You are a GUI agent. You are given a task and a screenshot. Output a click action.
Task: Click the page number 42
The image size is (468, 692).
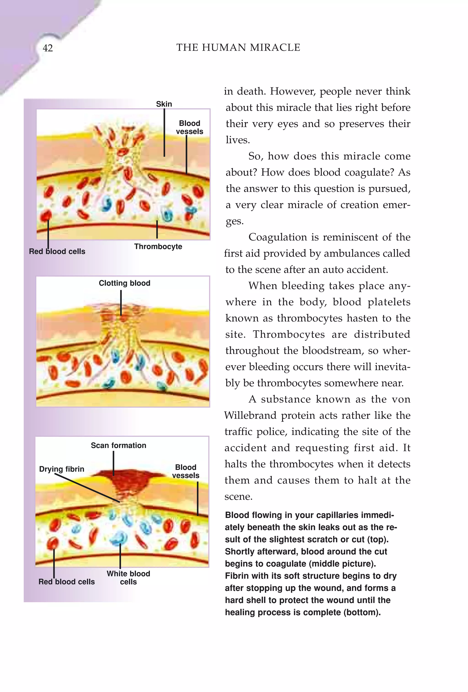tap(48, 48)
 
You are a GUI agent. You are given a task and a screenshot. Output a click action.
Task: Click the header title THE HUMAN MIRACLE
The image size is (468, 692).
tap(238, 48)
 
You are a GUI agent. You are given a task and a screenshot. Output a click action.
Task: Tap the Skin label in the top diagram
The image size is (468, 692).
tap(164, 104)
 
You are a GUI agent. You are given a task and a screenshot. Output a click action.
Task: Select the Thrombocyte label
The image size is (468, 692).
tap(158, 247)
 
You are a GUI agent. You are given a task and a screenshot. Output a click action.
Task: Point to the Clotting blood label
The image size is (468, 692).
tap(125, 283)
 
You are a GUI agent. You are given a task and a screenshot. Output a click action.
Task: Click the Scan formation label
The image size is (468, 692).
tap(119, 445)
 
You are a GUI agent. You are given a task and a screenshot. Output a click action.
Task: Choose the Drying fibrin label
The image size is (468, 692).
tap(62, 469)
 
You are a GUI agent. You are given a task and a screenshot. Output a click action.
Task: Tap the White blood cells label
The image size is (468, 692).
tap(128, 578)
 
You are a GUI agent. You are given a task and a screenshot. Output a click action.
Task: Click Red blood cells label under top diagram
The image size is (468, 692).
tap(57, 251)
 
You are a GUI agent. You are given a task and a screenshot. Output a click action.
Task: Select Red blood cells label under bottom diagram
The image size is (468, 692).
tap(66, 582)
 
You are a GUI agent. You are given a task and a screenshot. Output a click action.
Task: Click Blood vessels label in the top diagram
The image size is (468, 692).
tap(189, 128)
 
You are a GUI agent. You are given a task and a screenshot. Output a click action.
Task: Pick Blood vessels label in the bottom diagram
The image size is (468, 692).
tap(186, 471)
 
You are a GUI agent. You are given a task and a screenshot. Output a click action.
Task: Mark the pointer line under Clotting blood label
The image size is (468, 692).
tap(121, 302)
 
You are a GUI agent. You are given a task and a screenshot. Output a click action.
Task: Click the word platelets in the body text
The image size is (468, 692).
tap(389, 302)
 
